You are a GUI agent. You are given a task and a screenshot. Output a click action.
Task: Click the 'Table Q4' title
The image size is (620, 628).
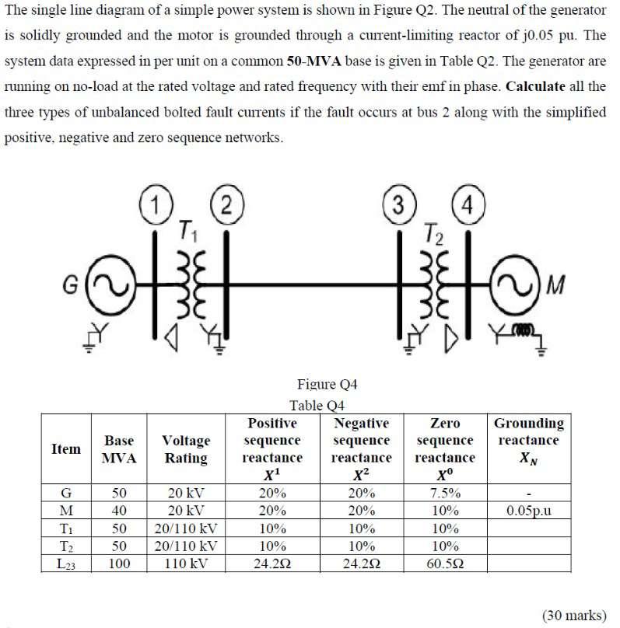[x=317, y=405]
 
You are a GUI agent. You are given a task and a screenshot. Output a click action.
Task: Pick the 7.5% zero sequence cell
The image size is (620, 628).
[x=445, y=493]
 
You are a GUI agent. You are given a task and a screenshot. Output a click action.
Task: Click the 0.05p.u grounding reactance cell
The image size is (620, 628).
[x=527, y=511]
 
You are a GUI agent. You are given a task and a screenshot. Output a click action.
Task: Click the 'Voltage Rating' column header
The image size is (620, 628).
[x=186, y=449]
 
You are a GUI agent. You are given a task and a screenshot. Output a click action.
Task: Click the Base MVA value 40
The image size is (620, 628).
[x=119, y=511]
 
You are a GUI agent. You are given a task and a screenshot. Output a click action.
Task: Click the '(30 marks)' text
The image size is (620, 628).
[x=573, y=615]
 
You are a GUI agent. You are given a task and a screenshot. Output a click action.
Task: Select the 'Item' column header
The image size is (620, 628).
[x=65, y=449]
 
